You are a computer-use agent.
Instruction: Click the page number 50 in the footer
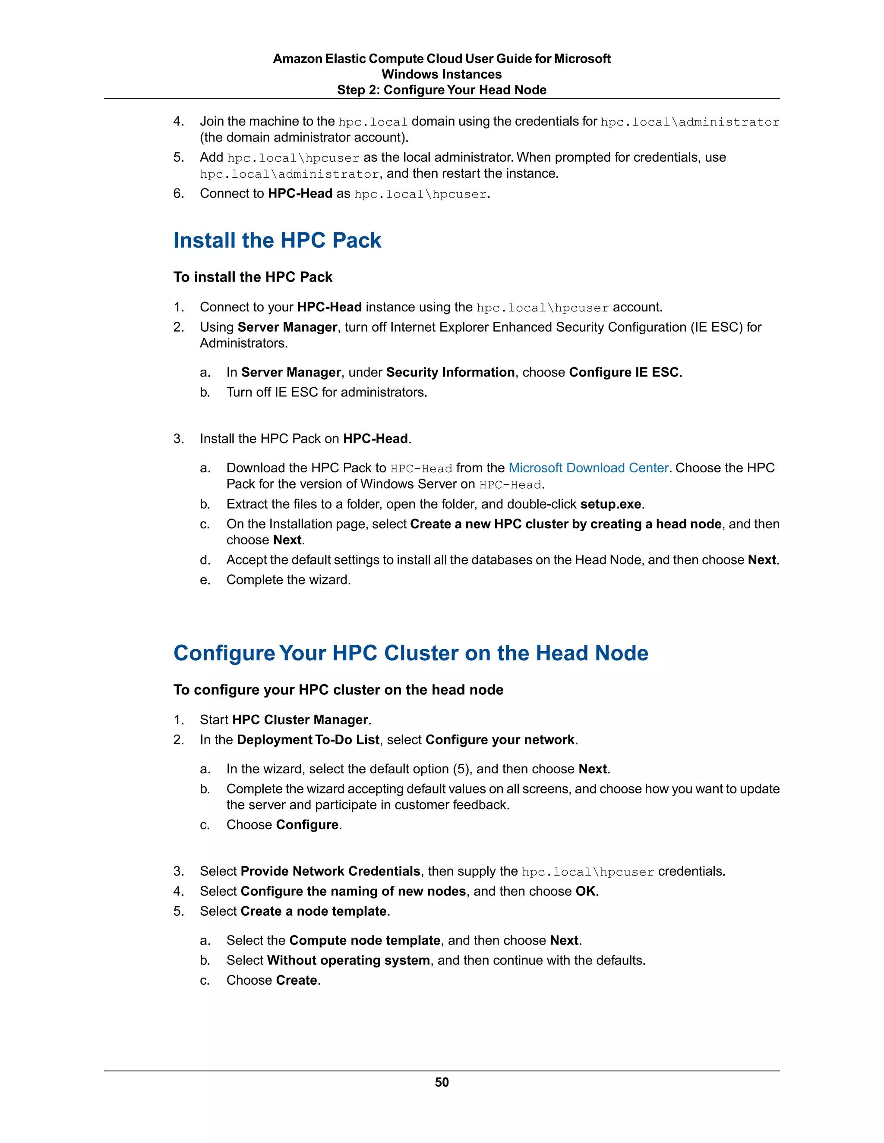tap(442, 1082)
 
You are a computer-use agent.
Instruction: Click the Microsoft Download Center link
tap(588, 468)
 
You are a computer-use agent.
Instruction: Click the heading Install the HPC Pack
tap(277, 240)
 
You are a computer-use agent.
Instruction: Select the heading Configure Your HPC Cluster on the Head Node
tap(410, 653)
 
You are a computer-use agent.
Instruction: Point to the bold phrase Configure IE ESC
tap(624, 372)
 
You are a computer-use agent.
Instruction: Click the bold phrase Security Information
tap(450, 372)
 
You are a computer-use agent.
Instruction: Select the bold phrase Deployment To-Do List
tap(308, 739)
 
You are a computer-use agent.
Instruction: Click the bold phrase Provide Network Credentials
tap(330, 871)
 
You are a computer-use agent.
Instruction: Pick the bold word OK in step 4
tap(585, 891)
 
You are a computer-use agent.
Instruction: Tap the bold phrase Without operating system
tap(348, 961)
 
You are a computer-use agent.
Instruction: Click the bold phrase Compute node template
tap(364, 940)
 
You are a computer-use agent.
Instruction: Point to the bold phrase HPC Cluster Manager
tap(300, 719)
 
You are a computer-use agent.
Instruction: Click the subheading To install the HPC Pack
tap(253, 277)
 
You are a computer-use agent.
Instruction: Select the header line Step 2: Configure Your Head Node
tap(442, 90)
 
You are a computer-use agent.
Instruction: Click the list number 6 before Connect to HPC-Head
tap(178, 194)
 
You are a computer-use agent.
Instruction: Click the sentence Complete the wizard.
tap(288, 580)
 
